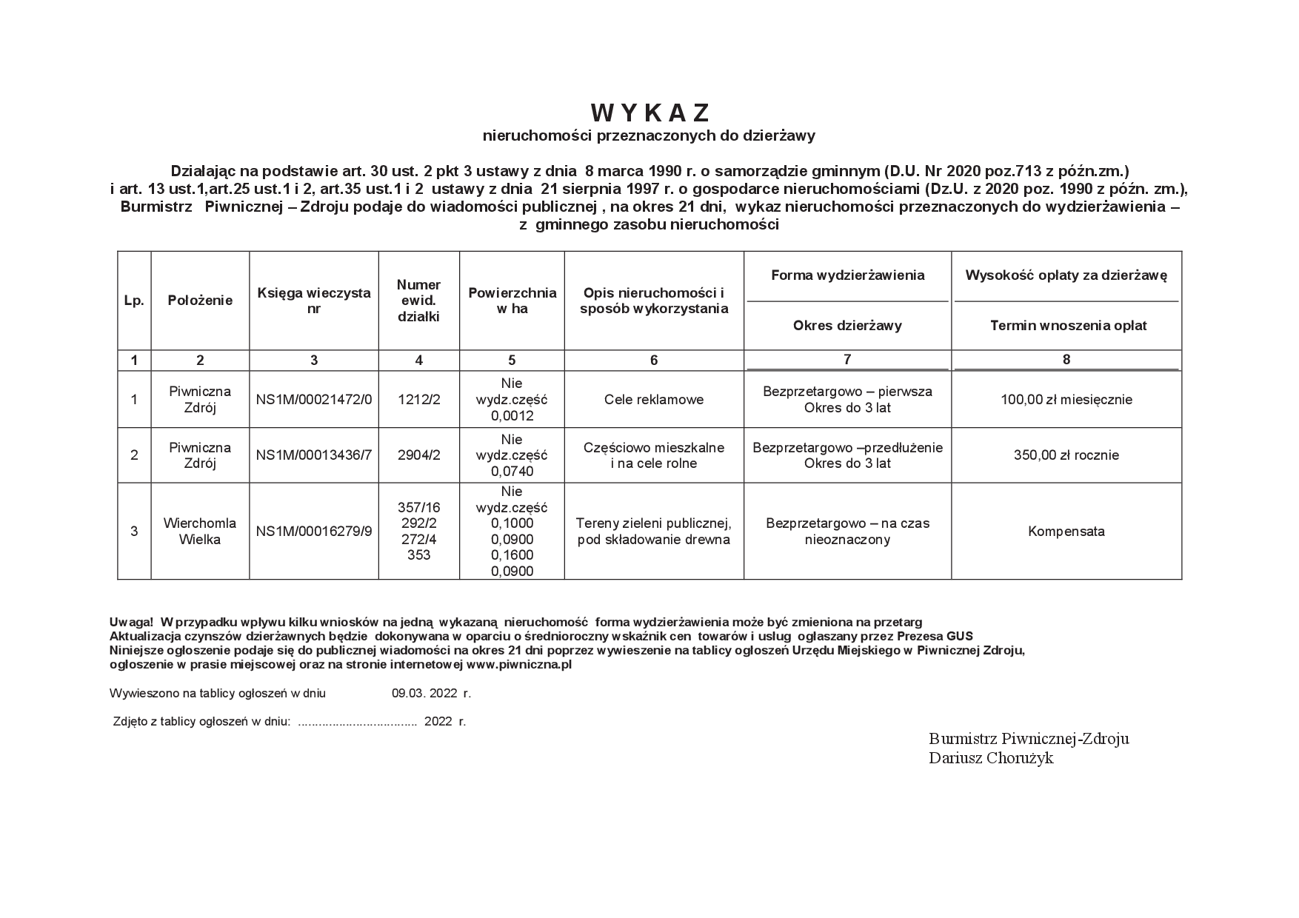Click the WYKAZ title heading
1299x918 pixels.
click(x=651, y=113)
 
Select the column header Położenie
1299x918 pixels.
click(x=200, y=300)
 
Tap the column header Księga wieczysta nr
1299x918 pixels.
click(x=314, y=300)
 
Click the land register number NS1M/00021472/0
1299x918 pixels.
click(x=314, y=399)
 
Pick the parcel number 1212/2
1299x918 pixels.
click(x=419, y=399)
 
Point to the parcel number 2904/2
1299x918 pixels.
click(x=419, y=455)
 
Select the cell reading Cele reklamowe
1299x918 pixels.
click(x=654, y=399)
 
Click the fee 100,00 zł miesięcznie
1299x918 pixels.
click(x=1066, y=399)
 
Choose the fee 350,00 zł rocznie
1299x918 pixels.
click(x=1066, y=455)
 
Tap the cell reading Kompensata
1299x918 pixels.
click(x=1066, y=531)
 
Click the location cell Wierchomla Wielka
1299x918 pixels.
click(x=200, y=531)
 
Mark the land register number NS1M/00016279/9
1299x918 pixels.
click(x=314, y=531)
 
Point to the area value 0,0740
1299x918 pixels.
click(x=512, y=471)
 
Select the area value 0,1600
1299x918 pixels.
click(x=512, y=555)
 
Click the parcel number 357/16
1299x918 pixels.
click(x=419, y=507)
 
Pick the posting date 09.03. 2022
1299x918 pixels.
click(x=427, y=694)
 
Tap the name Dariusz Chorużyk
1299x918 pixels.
click(x=991, y=758)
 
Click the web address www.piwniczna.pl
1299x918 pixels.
click(x=519, y=665)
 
